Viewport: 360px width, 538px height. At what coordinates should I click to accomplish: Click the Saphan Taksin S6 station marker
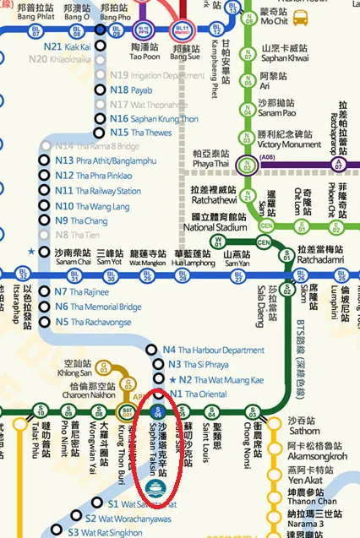point(156,412)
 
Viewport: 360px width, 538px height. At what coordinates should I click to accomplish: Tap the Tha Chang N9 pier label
point(83,220)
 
